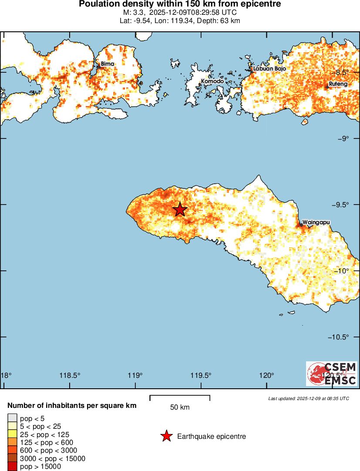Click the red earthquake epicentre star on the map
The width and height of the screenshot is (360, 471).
click(x=180, y=209)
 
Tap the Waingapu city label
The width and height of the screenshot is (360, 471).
click(x=316, y=222)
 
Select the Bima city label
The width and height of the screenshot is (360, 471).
click(x=108, y=64)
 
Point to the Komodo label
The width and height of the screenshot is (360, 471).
click(x=212, y=81)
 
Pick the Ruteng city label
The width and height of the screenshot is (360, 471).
click(x=338, y=84)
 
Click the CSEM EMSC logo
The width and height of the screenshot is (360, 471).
click(x=332, y=373)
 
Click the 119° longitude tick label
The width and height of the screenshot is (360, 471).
click(x=135, y=375)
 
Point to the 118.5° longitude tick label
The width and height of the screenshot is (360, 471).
click(x=70, y=375)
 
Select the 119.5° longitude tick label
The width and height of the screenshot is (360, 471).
click(x=201, y=375)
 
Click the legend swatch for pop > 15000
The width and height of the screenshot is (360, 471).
click(x=12, y=467)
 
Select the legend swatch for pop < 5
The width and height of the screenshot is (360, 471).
click(x=12, y=418)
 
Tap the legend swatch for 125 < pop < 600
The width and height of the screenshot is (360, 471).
click(x=12, y=442)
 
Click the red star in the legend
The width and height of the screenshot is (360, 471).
click(x=166, y=436)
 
